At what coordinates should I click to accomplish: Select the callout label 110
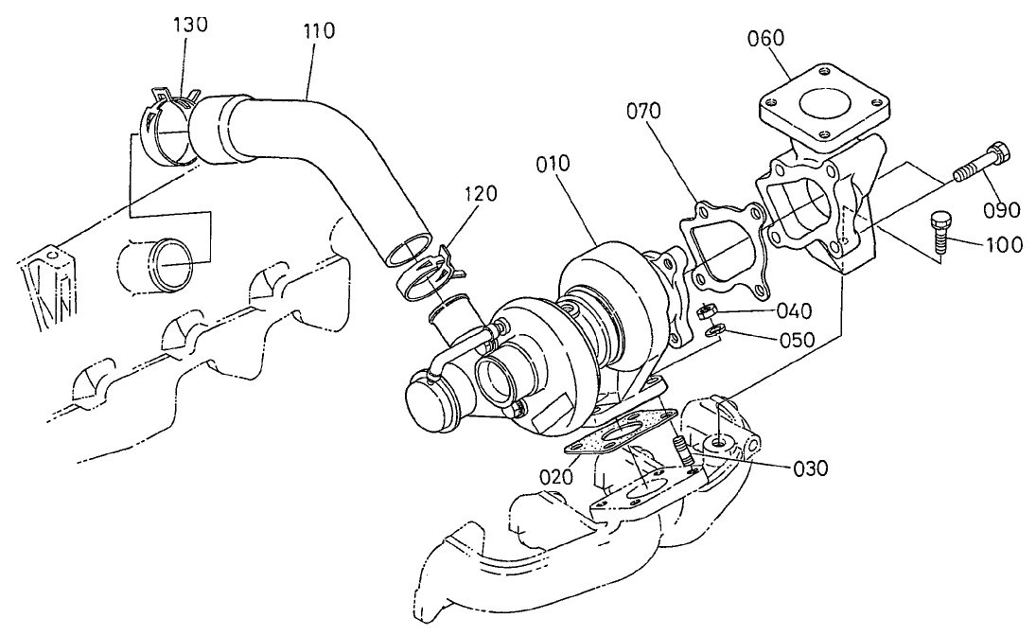[x=318, y=30]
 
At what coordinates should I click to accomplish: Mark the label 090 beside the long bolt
[x=1001, y=208]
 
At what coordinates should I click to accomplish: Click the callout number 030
[x=809, y=468]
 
